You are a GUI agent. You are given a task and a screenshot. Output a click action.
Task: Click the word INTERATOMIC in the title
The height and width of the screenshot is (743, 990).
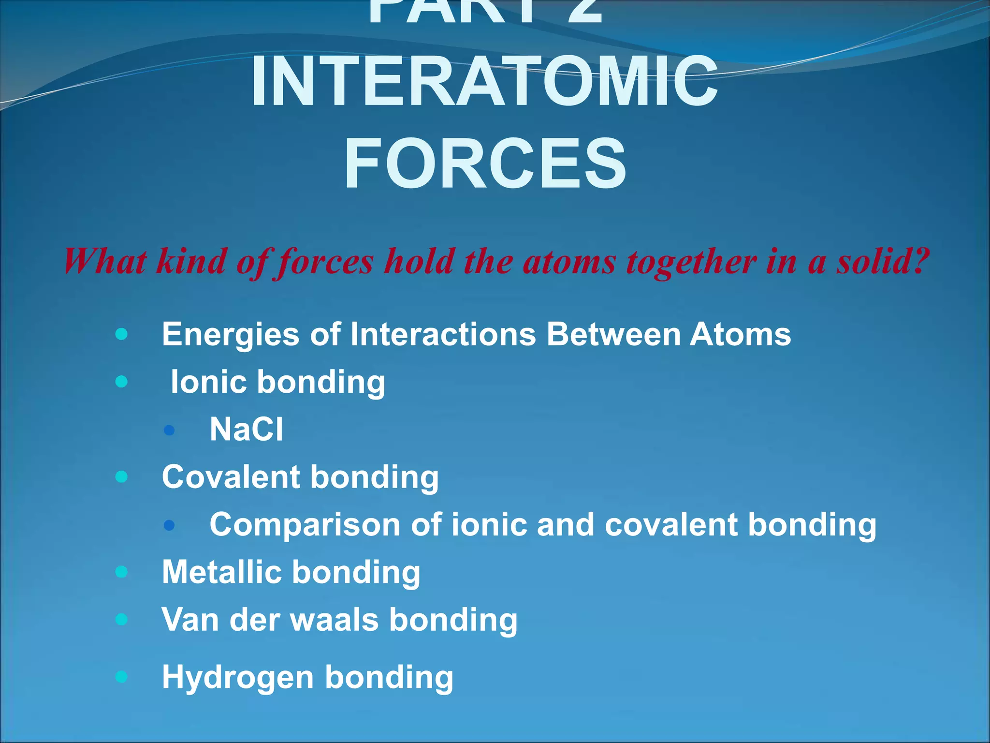[x=484, y=81]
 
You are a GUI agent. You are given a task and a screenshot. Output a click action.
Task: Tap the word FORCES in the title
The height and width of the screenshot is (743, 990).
[x=485, y=163]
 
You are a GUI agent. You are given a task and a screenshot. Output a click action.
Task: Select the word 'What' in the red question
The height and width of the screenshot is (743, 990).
[x=105, y=261]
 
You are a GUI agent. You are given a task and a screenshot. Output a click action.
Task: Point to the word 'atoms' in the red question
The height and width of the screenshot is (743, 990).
[x=569, y=262]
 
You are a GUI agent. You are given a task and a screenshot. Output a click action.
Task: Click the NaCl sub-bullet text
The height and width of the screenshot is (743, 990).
[x=247, y=429]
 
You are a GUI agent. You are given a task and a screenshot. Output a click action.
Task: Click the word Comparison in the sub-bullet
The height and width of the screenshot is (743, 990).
[x=305, y=525]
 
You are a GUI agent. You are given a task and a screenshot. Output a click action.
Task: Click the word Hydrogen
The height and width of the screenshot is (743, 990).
[x=237, y=677]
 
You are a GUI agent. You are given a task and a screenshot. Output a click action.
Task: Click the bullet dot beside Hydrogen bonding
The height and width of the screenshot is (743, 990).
[x=122, y=677]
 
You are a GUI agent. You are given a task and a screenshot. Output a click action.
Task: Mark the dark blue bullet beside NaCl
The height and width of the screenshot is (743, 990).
[x=169, y=430]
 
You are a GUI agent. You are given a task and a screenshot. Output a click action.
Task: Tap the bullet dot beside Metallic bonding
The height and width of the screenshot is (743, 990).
[x=122, y=572]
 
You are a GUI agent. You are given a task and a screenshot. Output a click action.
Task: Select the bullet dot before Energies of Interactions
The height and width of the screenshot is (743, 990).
[x=122, y=334]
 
